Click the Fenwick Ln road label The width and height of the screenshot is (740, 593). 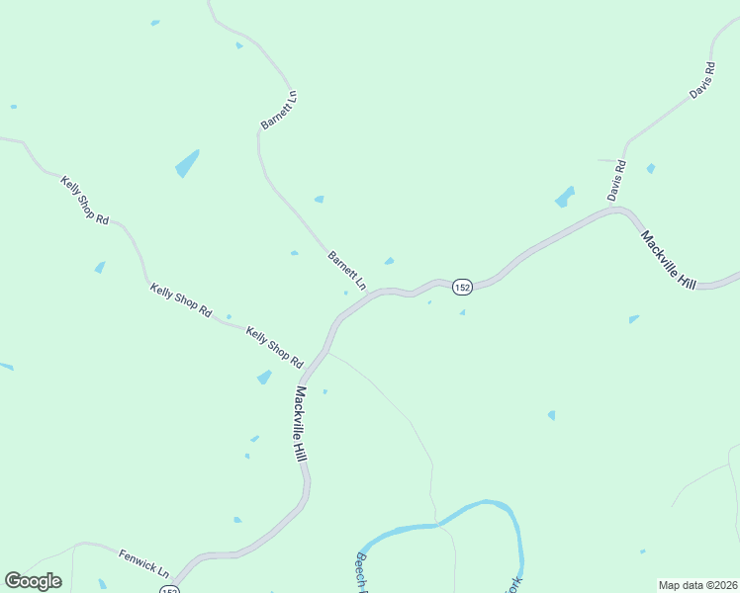(x=144, y=564)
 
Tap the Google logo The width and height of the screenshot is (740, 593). (x=33, y=581)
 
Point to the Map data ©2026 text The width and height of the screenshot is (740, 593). (x=696, y=585)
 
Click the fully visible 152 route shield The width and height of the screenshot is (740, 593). (x=462, y=287)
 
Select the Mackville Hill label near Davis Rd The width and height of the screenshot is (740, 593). (x=669, y=259)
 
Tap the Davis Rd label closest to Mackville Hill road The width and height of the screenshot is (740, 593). (x=617, y=180)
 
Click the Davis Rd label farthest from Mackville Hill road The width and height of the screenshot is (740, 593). (x=701, y=81)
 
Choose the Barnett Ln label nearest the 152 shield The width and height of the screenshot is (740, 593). (x=347, y=270)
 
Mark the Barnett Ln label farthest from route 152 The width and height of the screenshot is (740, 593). (x=278, y=110)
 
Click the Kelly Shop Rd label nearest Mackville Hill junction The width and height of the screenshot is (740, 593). (x=274, y=347)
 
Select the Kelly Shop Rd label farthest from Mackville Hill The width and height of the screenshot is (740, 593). (x=84, y=200)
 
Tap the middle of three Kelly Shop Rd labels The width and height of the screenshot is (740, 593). (x=180, y=299)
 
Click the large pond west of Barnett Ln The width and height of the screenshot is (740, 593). (x=187, y=163)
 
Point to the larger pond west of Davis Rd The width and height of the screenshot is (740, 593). (x=565, y=197)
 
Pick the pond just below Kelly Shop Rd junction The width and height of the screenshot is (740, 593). (x=264, y=377)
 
